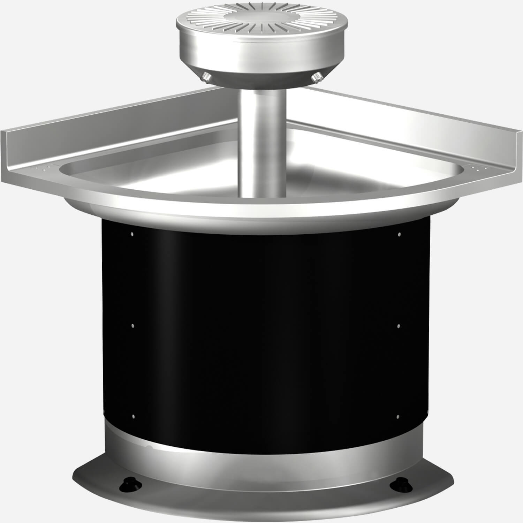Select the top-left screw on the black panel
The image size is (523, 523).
132,234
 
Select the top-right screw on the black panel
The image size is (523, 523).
400,234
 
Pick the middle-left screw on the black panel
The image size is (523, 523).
132,326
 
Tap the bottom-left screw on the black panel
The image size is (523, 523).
133,417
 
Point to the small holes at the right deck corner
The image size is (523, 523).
476,169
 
